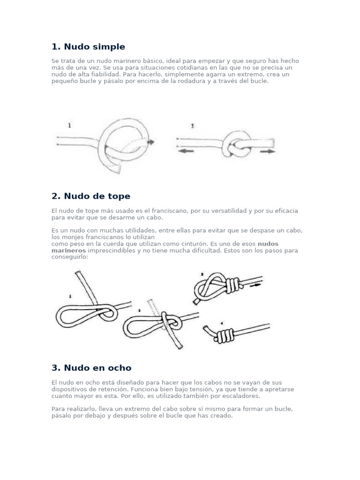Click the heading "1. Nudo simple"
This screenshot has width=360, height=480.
pyautogui.click(x=88, y=47)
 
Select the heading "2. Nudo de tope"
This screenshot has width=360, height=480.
pyautogui.click(x=91, y=196)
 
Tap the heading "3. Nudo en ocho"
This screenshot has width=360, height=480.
pyautogui.click(x=91, y=368)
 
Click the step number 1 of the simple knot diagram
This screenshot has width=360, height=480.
pyautogui.click(x=70, y=126)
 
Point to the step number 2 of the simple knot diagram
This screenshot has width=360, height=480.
pyautogui.click(x=192, y=127)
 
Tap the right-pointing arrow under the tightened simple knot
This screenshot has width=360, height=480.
pyautogui.click(x=268, y=151)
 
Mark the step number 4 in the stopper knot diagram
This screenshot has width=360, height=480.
pyautogui.click(x=222, y=323)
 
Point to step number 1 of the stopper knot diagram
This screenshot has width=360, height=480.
pyautogui.click(x=70, y=296)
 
